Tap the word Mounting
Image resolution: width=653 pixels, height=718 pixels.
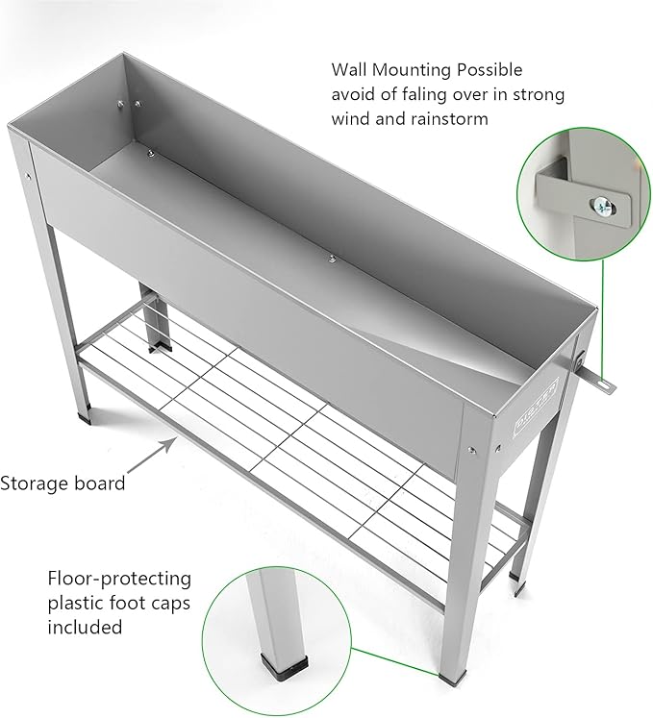[418, 71]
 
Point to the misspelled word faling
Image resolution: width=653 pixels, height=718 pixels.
[431, 95]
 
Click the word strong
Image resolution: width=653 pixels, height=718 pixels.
[539, 95]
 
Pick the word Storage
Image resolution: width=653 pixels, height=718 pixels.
[36, 483]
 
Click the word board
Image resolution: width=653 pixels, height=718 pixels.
[101, 483]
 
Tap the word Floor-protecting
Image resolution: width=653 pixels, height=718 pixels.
[119, 579]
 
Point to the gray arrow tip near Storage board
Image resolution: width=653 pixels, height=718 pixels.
[176, 442]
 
